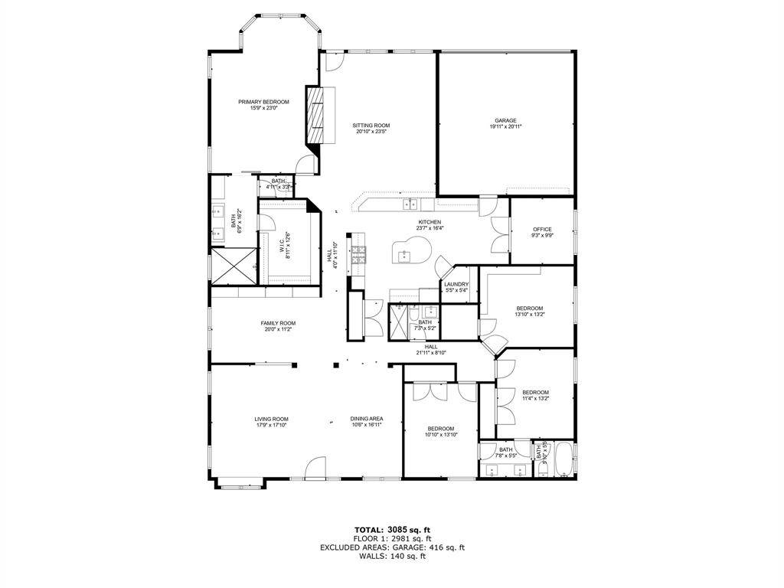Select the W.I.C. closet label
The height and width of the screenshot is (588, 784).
point(284,247)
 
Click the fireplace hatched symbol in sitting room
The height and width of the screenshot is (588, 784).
point(315,115)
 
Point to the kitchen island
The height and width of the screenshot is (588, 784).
point(410,250)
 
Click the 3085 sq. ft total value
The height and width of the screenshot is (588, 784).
point(410,529)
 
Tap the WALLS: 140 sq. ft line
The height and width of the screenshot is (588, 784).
point(392,556)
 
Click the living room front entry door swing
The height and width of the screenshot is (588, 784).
point(315,469)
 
